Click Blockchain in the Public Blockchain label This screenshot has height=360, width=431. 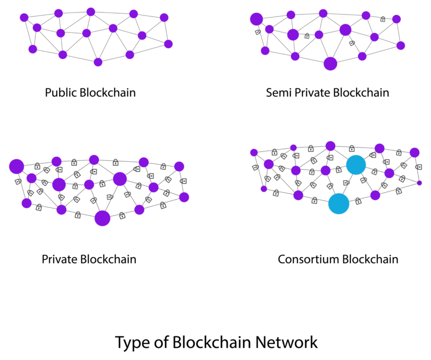[x=108, y=93]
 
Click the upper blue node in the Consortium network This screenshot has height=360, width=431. [x=356, y=165]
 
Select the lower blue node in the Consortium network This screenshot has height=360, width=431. [x=339, y=204]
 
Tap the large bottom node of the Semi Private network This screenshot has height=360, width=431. [x=330, y=64]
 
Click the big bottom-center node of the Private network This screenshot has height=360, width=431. [x=102, y=218]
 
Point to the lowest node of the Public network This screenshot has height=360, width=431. [x=98, y=62]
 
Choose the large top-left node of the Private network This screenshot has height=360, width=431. [x=16, y=166]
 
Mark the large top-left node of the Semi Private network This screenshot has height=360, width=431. [x=257, y=19]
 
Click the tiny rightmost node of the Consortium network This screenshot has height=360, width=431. [x=419, y=182]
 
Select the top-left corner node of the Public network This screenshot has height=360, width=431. [x=24, y=18]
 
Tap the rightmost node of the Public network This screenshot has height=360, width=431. [x=168, y=44]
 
